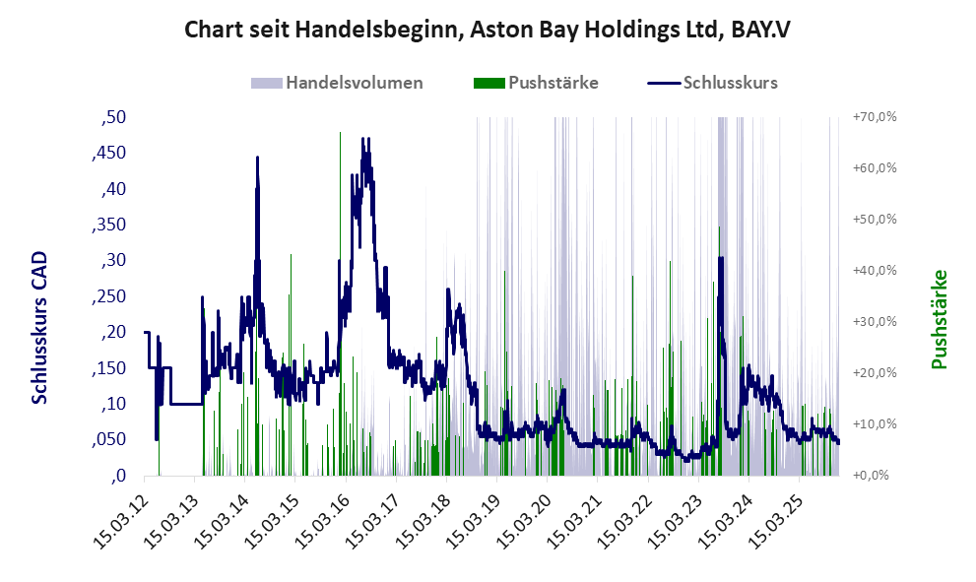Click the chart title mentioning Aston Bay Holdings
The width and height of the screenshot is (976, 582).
[x=488, y=30]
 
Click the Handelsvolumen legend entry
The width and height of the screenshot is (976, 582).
[x=355, y=83]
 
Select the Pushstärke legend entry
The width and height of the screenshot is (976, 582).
[x=553, y=83]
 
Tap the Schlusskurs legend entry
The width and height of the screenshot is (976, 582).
[x=731, y=83]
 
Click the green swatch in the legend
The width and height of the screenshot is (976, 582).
[x=488, y=83]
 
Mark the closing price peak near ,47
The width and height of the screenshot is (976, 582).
[x=364, y=140]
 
